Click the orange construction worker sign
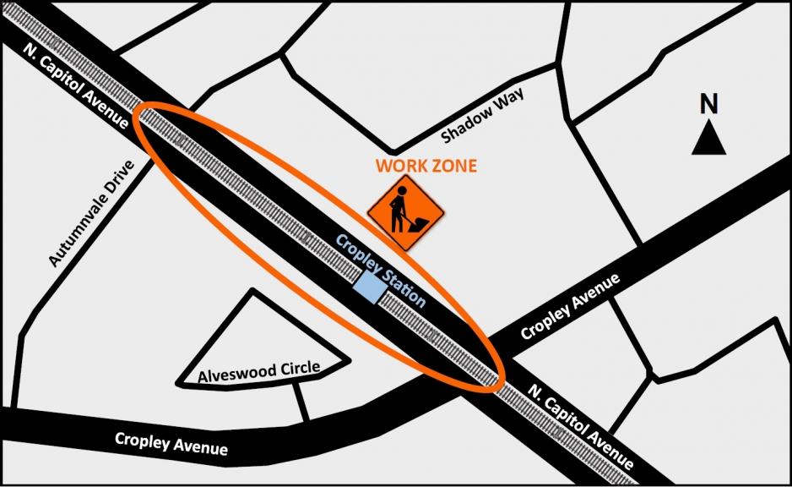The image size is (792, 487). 406,213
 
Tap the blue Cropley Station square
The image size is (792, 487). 368,287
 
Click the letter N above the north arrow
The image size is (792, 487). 709,105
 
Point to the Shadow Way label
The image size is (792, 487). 482,114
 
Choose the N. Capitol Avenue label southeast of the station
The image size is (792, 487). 580,428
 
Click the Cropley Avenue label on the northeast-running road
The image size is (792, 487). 570,306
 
